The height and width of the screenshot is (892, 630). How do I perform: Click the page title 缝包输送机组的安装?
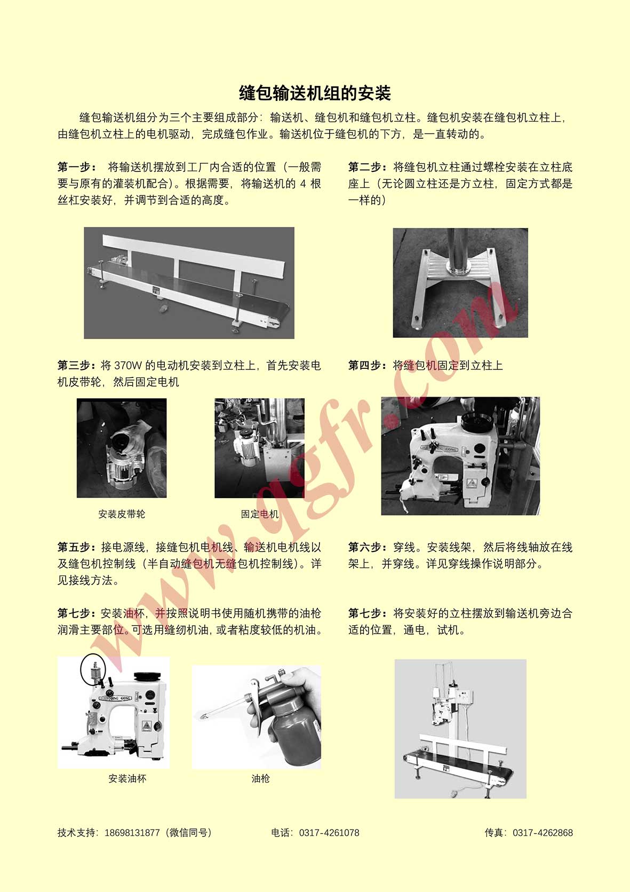(x=315, y=93)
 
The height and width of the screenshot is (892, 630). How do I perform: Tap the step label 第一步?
(x=75, y=167)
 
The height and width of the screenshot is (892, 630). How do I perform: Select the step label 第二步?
(x=365, y=167)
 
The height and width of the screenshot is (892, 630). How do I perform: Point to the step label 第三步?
(x=75, y=365)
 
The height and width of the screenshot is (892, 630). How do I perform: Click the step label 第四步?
(x=365, y=365)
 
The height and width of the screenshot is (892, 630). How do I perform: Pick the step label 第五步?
(x=75, y=547)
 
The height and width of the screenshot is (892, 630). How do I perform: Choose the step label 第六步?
(x=365, y=547)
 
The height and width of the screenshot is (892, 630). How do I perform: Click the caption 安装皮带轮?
(x=122, y=514)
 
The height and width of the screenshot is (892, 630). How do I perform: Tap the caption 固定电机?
(x=259, y=514)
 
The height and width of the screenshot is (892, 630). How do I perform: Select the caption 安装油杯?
(x=127, y=778)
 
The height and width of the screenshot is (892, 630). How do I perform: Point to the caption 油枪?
(x=261, y=778)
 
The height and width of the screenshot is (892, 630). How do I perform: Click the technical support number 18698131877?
(x=132, y=833)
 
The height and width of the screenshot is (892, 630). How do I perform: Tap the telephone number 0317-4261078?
(x=329, y=833)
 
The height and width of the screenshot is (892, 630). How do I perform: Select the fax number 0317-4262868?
(x=543, y=833)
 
